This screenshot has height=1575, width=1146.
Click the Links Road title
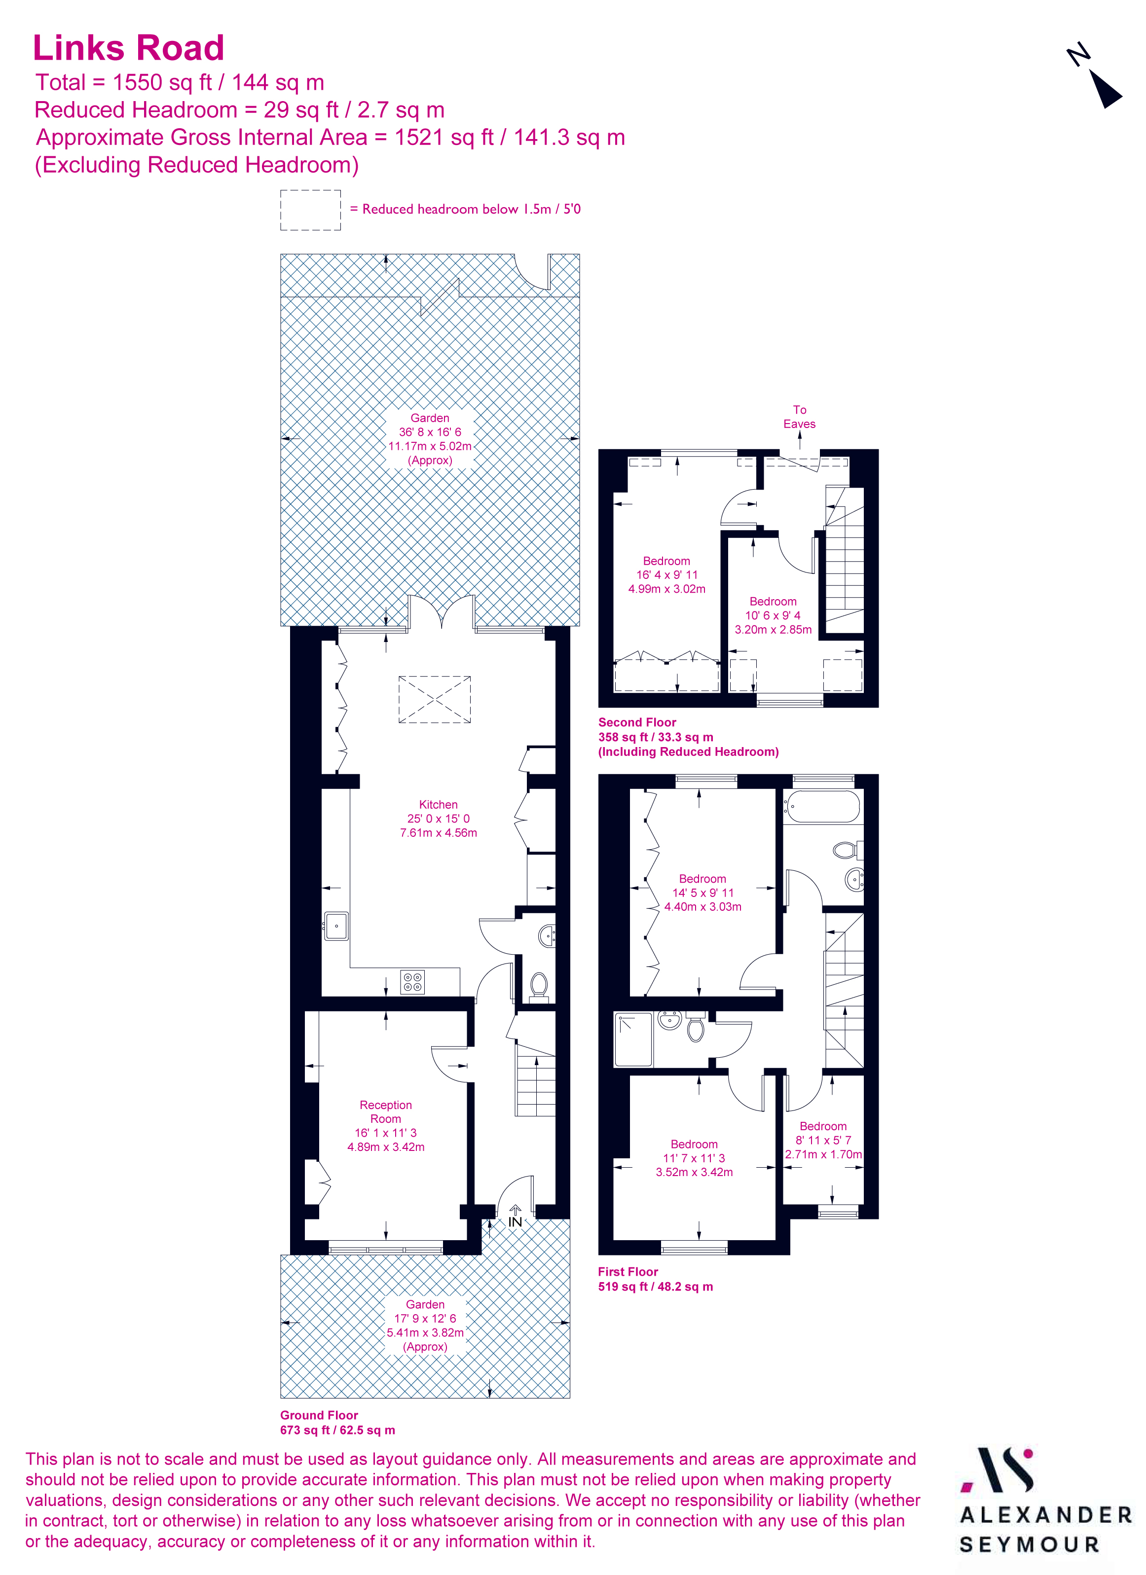128,49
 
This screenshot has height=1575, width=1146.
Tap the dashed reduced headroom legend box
310,210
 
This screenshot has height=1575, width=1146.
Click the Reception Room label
385,1112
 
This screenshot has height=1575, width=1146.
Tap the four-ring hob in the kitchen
412,982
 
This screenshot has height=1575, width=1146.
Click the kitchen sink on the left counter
336,926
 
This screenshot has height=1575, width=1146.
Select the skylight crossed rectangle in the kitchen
435,699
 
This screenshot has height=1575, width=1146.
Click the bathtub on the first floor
822,806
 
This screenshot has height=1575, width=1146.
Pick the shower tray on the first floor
633,1039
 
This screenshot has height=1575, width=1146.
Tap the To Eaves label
799,417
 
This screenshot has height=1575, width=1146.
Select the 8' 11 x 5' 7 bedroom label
823,1140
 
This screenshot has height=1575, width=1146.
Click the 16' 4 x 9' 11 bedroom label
667,575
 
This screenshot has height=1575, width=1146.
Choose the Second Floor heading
637,722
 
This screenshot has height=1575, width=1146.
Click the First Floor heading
628,1272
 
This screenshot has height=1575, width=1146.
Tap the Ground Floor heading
319,1415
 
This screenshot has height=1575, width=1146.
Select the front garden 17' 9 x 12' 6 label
425,1325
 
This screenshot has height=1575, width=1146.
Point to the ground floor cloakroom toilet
539,984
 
